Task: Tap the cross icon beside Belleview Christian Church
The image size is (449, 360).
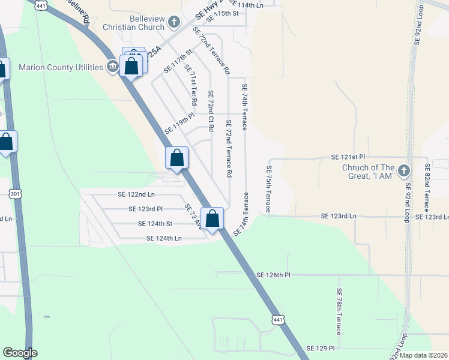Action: tap(173, 23)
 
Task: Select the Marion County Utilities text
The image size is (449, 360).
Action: tap(61, 67)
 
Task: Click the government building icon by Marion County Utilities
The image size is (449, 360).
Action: tap(112, 66)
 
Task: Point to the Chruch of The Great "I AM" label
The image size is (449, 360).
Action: tap(368, 171)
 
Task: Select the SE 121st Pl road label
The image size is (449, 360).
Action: tap(348, 157)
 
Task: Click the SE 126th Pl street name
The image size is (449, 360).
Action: tap(273, 275)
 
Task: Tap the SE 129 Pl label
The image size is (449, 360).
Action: tap(320, 348)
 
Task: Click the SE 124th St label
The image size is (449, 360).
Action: tap(155, 224)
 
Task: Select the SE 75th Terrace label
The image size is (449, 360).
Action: tap(268, 190)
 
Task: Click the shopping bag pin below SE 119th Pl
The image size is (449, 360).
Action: tap(177, 159)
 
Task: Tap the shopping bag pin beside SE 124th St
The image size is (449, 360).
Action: tap(212, 219)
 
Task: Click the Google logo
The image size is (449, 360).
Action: tap(19, 353)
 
